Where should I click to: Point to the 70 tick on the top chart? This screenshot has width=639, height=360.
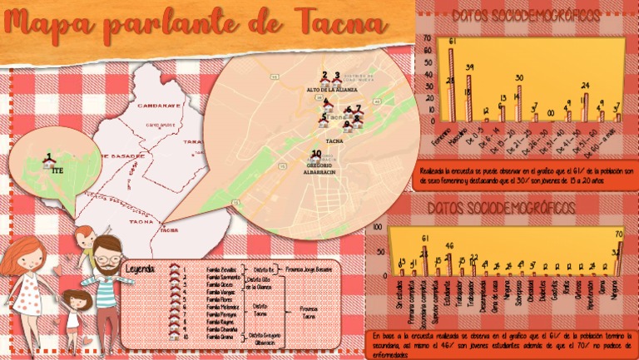[x=427, y=38]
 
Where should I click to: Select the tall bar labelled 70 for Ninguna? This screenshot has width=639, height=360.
[x=619, y=254]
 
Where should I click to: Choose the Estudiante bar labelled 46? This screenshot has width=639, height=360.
[x=449, y=262]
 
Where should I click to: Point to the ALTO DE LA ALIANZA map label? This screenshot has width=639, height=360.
[x=331, y=88]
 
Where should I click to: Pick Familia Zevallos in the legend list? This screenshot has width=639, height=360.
[x=222, y=271]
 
